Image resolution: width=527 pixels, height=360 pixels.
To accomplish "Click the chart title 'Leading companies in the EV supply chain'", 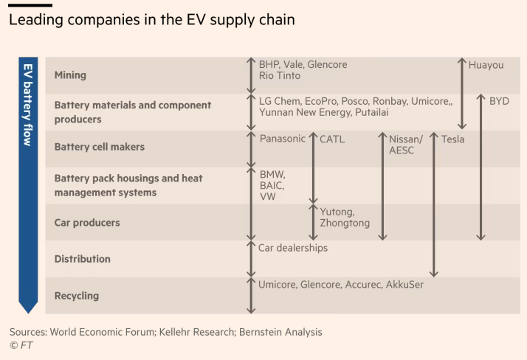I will (151, 20).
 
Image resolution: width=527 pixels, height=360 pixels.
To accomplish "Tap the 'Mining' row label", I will (70, 75).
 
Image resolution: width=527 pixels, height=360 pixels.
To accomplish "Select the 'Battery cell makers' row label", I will (99, 147).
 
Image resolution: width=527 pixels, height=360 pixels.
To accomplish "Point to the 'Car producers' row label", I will (86, 222).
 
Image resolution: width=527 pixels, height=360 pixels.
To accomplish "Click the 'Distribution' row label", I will (82, 259).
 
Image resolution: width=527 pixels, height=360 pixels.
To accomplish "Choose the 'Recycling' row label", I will (76, 296).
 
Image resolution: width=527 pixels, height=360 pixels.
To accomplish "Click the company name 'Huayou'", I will (486, 65).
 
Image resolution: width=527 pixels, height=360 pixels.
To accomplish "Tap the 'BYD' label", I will (499, 101).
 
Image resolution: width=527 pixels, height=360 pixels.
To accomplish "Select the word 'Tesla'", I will (452, 139).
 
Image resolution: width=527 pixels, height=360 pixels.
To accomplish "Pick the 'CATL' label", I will (332, 139).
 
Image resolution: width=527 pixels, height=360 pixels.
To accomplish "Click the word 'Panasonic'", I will (282, 138).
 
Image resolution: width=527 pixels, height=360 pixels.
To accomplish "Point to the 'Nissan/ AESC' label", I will (406, 145).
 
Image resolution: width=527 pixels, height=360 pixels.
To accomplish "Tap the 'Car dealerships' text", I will (292, 248).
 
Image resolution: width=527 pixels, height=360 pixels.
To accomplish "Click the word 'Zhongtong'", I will (345, 223).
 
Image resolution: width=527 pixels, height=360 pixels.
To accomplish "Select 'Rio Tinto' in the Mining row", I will (280, 75).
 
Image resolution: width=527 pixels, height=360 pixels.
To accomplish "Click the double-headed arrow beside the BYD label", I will (480, 167).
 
